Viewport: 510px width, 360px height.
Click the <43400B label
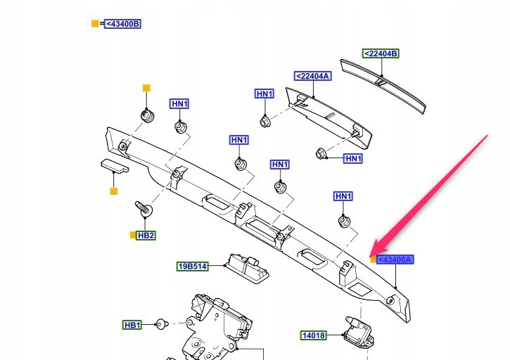pos(123,24)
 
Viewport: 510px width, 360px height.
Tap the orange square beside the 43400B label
pos(95,24)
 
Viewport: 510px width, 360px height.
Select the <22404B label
pos(381,53)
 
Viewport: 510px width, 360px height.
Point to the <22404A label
pos(312,76)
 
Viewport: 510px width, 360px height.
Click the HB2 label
pos(146,235)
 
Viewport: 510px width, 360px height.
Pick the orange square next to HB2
pos(132,235)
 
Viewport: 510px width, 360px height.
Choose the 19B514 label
pos(192,266)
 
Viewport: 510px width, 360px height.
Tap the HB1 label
pos(132,325)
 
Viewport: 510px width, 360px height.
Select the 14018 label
pos(314,335)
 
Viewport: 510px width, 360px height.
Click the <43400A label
pos(395,259)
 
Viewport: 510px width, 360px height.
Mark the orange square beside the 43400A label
pos(374,259)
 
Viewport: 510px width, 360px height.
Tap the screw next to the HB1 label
pos(160,324)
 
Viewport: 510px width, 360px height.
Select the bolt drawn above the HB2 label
pos(144,210)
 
